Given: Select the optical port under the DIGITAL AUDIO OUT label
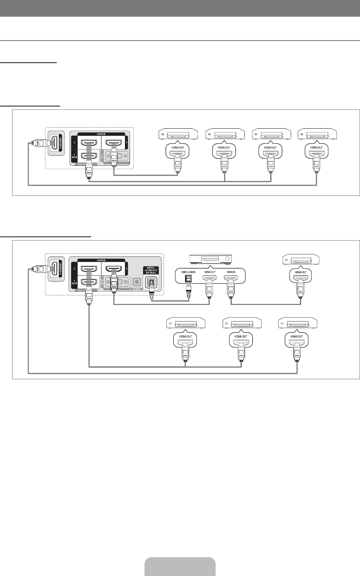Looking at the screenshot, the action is click(150, 283).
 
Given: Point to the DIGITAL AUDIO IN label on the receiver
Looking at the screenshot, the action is click(188, 272).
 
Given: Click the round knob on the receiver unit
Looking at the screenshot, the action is click(227, 259).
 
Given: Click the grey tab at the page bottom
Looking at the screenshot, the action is click(180, 566).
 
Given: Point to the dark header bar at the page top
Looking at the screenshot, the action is click(180, 8).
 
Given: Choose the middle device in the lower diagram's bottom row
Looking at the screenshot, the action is click(241, 323).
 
